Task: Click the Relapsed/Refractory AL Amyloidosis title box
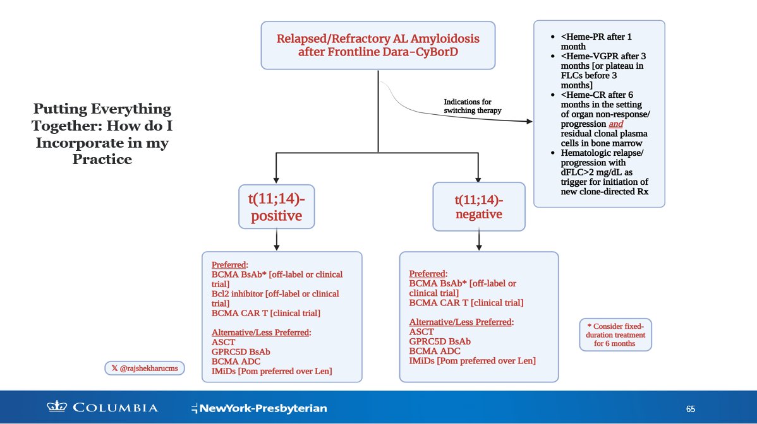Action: tap(378, 45)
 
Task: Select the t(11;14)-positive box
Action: tap(277, 207)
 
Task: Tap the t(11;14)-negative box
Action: tap(479, 207)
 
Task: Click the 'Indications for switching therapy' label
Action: tap(473, 106)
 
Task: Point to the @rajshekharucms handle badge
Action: tap(145, 368)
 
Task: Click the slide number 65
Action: tap(691, 409)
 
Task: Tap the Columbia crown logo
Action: tap(56, 407)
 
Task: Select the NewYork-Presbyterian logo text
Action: tap(259, 408)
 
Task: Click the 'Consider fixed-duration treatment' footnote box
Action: tap(615, 335)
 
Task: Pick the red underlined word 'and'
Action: tap(615, 124)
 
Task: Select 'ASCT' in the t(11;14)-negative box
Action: tap(421, 331)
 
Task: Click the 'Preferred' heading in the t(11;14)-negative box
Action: tap(427, 274)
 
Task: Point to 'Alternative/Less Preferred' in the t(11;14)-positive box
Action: tap(260, 333)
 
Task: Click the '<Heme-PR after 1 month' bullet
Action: tap(597, 42)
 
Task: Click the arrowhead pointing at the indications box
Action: tap(529, 121)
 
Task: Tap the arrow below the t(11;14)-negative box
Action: tap(479, 240)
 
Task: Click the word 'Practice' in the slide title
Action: tap(102, 159)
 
